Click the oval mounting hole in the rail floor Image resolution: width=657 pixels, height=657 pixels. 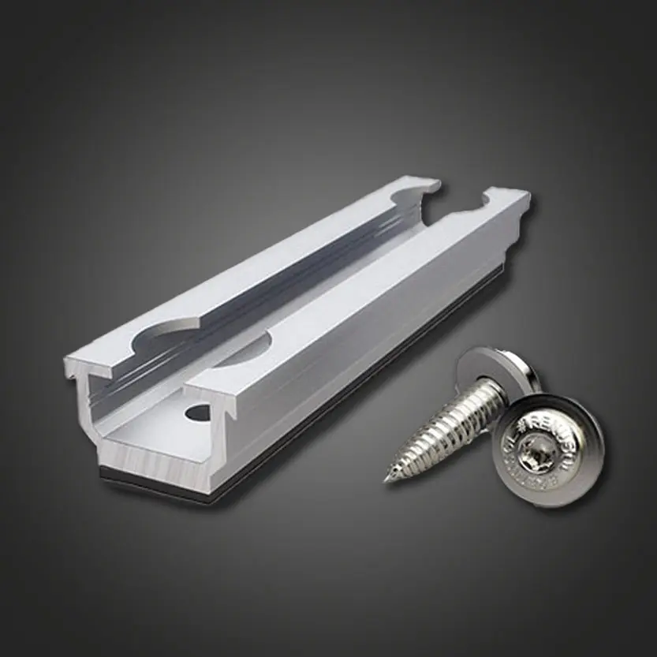click(199, 412)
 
